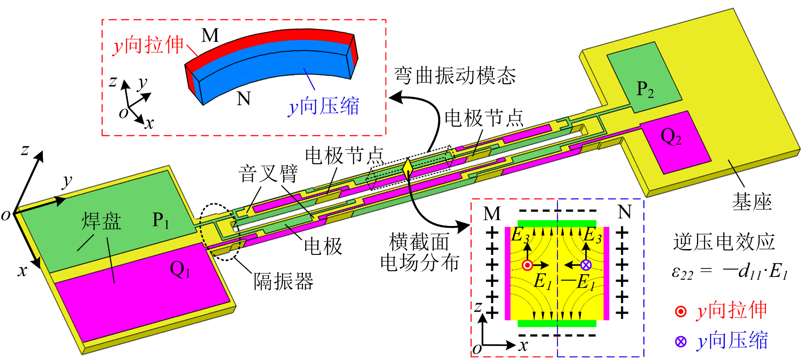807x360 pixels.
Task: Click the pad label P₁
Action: coord(161,220)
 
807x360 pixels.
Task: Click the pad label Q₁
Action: coord(180,270)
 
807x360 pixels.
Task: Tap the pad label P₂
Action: coord(645,90)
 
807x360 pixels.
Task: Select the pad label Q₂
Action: coord(671,136)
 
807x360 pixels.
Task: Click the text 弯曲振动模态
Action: coord(455,75)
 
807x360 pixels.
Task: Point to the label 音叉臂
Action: coord(268,174)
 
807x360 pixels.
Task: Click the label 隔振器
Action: coord(283,282)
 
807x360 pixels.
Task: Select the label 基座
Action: coord(751,202)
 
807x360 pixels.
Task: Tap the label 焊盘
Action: coord(102,222)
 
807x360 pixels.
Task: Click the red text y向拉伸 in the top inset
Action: coord(148,46)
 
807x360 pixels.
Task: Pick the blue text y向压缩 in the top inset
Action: coord(324,107)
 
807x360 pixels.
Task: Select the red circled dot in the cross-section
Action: coord(527,265)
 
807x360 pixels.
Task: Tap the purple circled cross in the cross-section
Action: coord(585,265)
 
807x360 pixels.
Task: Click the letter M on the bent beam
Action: coord(210,35)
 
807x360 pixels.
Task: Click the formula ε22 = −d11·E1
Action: coord(729,272)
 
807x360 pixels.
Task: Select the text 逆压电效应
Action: coord(724,242)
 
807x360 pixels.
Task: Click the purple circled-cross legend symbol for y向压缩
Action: coord(681,342)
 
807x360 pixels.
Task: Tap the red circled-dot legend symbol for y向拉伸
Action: coord(681,311)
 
